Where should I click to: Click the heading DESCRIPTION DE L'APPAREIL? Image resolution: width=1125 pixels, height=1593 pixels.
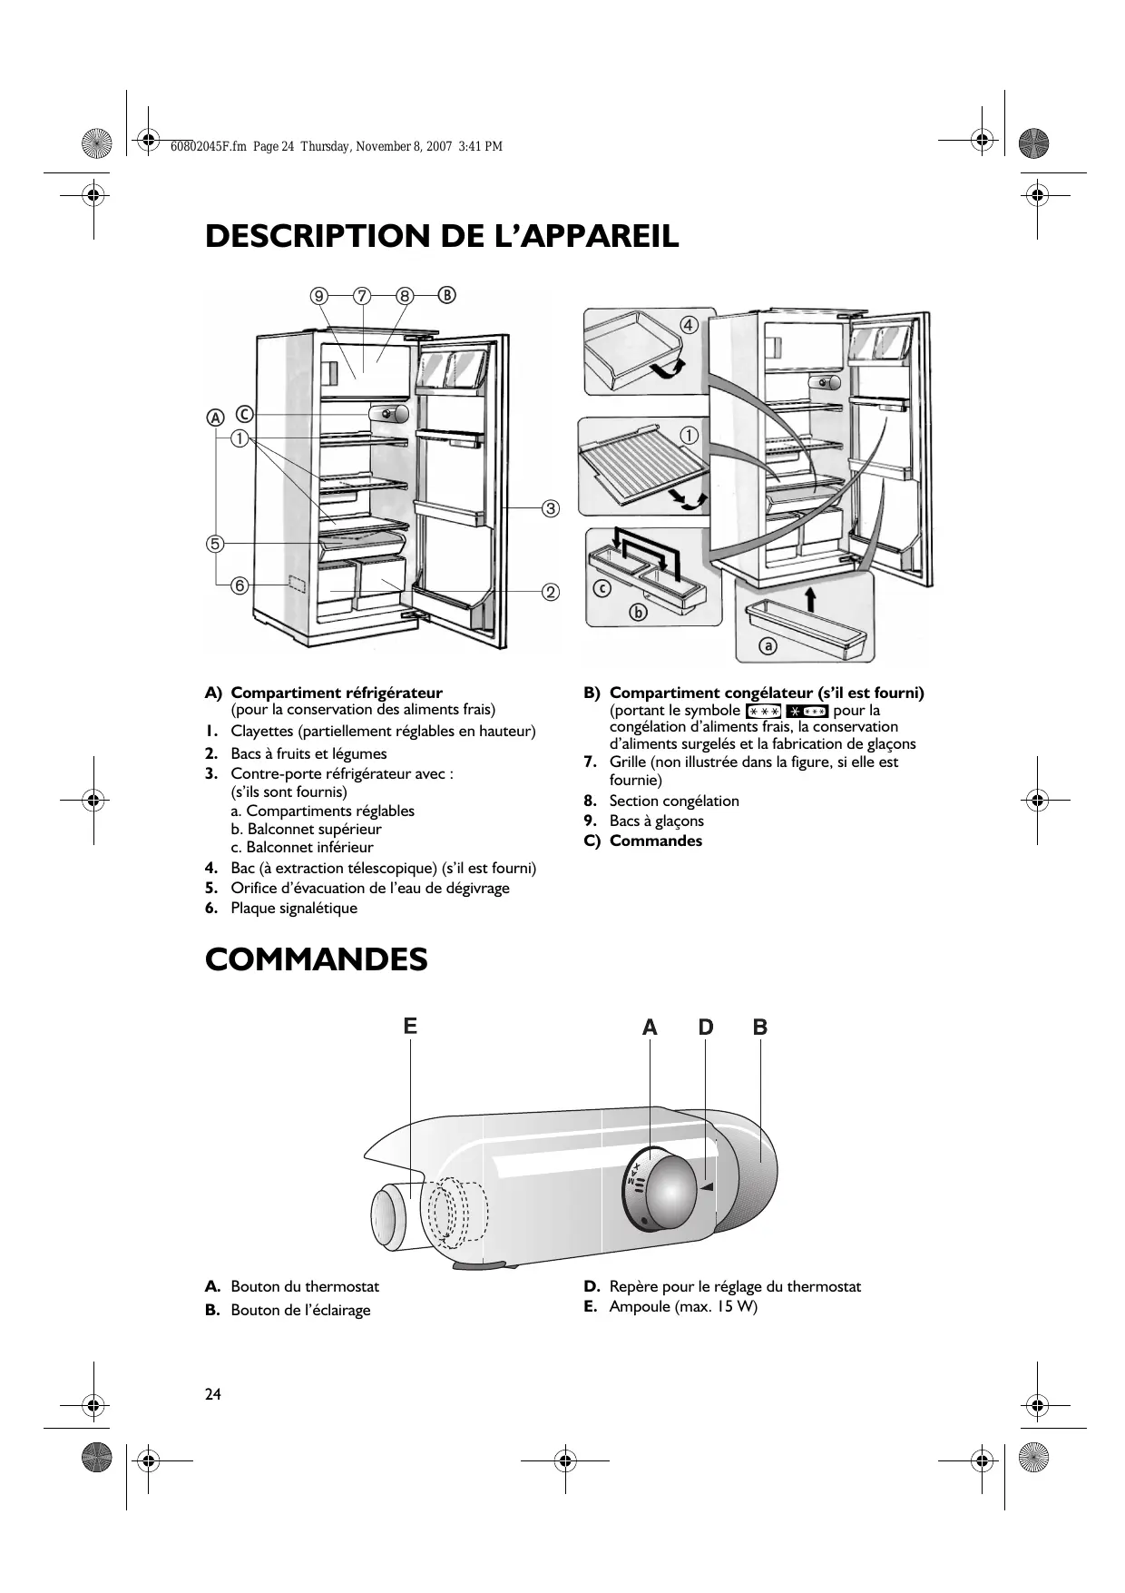click(442, 236)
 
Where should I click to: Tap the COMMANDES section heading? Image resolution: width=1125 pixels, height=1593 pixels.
click(316, 959)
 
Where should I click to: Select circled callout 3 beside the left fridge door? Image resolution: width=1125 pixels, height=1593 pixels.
click(550, 507)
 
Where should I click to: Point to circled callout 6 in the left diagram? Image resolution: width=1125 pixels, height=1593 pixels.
click(240, 585)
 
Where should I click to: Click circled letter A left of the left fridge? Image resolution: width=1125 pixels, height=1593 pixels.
click(215, 418)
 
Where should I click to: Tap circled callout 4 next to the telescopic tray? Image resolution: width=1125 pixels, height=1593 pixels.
click(689, 324)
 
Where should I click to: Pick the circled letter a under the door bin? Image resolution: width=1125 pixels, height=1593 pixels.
click(768, 646)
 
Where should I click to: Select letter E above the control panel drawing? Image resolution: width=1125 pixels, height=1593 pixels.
click(410, 1027)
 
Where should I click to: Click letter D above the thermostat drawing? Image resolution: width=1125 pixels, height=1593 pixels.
click(706, 1028)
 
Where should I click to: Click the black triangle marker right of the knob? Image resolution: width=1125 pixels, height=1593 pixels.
click(708, 1186)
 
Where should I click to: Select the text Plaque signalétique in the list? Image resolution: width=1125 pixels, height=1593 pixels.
click(294, 909)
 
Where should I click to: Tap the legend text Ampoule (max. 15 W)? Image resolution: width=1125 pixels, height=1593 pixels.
click(683, 1306)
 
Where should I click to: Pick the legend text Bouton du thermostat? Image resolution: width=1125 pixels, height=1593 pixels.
click(305, 1286)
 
